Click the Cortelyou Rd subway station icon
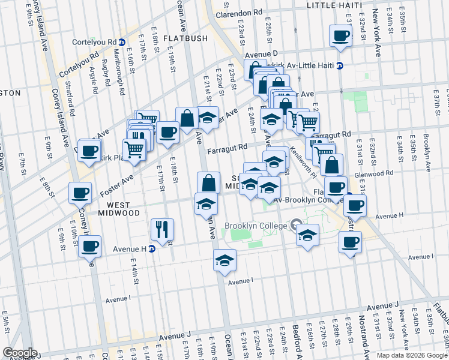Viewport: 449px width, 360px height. click(121, 43)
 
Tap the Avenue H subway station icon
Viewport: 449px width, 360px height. click(152, 248)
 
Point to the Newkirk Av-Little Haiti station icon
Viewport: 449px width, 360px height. click(339, 66)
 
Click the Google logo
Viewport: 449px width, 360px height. click(20, 353)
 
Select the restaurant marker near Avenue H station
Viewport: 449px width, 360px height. click(162, 229)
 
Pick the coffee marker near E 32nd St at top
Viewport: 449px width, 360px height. click(340, 35)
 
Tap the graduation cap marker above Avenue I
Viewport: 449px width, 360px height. click(224, 260)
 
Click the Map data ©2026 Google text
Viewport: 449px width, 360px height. click(412, 355)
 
